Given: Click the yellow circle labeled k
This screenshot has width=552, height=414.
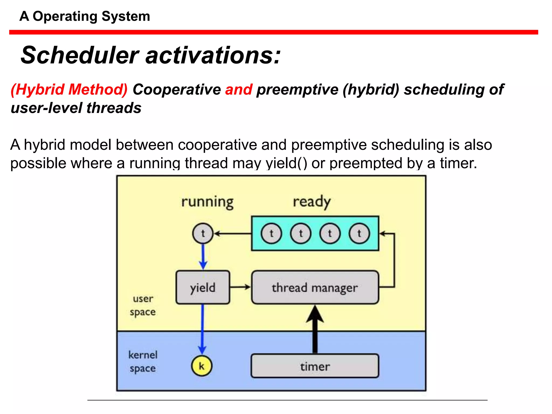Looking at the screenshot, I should coord(202,366).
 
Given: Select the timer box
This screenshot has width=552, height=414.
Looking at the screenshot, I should coord(315,366).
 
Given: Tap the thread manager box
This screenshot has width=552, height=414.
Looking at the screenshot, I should coord(315,288).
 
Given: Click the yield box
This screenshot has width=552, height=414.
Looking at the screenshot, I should coord(203,288).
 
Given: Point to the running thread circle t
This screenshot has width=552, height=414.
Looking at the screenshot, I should coord(203,233).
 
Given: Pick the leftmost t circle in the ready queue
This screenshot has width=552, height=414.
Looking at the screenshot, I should coord(271,233).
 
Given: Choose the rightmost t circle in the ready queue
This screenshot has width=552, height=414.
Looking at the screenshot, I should coord(359,233).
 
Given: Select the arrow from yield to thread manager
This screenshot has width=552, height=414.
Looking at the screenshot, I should coord(240,287).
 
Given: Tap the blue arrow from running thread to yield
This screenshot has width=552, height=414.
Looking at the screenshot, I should coord(203,256).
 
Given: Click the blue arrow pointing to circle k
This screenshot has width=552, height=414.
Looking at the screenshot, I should coord(202,329).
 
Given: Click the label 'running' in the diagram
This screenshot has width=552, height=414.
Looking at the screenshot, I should coord(207,202).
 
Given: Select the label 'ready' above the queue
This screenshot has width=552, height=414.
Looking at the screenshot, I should coord(312,202).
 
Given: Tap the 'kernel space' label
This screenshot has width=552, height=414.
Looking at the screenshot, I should coord(143,361).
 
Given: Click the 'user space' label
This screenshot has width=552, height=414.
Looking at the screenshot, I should coord(143,305).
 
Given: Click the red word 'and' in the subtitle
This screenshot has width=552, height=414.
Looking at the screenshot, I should coord(239,89).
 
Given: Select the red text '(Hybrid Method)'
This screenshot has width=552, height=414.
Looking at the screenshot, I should coord(69,89).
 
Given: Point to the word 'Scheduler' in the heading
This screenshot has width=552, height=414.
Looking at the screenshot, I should coord(80,55).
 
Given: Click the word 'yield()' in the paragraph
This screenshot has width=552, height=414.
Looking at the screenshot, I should coord(286,163).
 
